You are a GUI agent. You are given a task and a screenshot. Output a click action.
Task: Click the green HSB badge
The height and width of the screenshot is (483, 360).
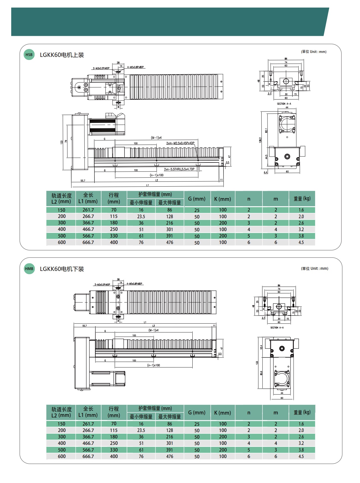[x=29, y=55]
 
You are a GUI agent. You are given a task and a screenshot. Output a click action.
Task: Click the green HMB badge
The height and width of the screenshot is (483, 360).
[x=29, y=269]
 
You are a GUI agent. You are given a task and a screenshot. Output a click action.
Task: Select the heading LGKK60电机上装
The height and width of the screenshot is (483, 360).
[x=62, y=55]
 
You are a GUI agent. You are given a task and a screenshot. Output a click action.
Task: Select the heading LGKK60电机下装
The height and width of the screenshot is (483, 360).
[x=62, y=269]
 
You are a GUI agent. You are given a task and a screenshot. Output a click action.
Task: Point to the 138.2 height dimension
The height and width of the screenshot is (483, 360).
[x=260, y=140]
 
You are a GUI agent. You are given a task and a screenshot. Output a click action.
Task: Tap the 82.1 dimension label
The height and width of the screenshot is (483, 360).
[x=266, y=131]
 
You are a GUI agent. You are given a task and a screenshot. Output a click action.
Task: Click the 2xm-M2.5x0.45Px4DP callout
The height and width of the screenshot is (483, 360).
[x=180, y=143]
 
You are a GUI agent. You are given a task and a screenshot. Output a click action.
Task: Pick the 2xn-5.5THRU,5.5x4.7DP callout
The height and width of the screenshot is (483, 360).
[x=179, y=169]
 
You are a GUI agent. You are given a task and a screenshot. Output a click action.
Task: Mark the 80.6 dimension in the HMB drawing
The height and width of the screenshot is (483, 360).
[x=261, y=373]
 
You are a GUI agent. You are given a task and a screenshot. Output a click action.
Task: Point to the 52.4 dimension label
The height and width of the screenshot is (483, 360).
[x=261, y=347]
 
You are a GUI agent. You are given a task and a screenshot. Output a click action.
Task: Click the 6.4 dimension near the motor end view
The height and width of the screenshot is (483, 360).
[x=266, y=172]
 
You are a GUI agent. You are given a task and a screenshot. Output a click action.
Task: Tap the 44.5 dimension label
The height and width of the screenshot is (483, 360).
[x=266, y=157]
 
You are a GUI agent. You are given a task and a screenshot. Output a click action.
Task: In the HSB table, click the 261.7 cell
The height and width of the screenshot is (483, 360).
[x=88, y=210]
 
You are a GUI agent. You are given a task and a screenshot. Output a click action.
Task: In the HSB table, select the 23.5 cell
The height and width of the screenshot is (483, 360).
[x=141, y=217]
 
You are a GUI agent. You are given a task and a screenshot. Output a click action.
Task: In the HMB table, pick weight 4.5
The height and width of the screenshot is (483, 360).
[x=301, y=456]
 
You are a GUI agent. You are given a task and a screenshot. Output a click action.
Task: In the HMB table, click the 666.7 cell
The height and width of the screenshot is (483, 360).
[x=88, y=456]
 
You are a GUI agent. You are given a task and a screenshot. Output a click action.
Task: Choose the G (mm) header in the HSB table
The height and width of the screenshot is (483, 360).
[x=197, y=199]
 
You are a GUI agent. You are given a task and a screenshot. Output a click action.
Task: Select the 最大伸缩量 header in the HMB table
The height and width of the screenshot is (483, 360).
[x=170, y=417]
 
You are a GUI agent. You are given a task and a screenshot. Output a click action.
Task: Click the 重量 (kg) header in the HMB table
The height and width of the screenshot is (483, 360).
[x=302, y=412]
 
